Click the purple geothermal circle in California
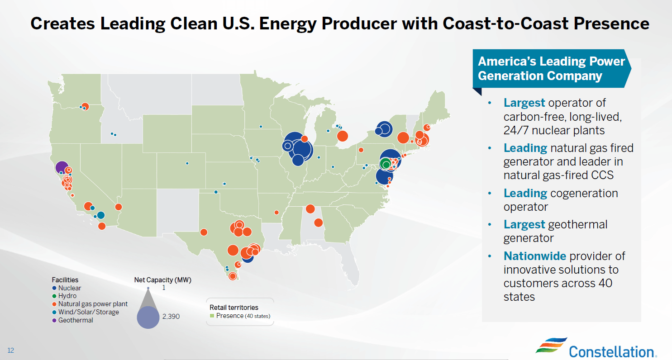tap(62, 167)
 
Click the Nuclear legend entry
tap(69, 288)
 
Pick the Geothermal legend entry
tap(75, 320)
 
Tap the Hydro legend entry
tap(67, 296)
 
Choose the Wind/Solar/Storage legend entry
tap(88, 312)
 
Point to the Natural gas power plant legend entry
tap(92, 304)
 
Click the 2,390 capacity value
tap(171, 317)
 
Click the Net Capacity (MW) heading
tap(166, 280)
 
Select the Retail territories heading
tap(234, 308)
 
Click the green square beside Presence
tap(211, 316)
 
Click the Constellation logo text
tap(610, 351)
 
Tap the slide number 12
tap(10, 351)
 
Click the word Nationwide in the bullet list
tap(534, 256)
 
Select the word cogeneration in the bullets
tap(584, 193)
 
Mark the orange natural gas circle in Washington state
tap(85, 106)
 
